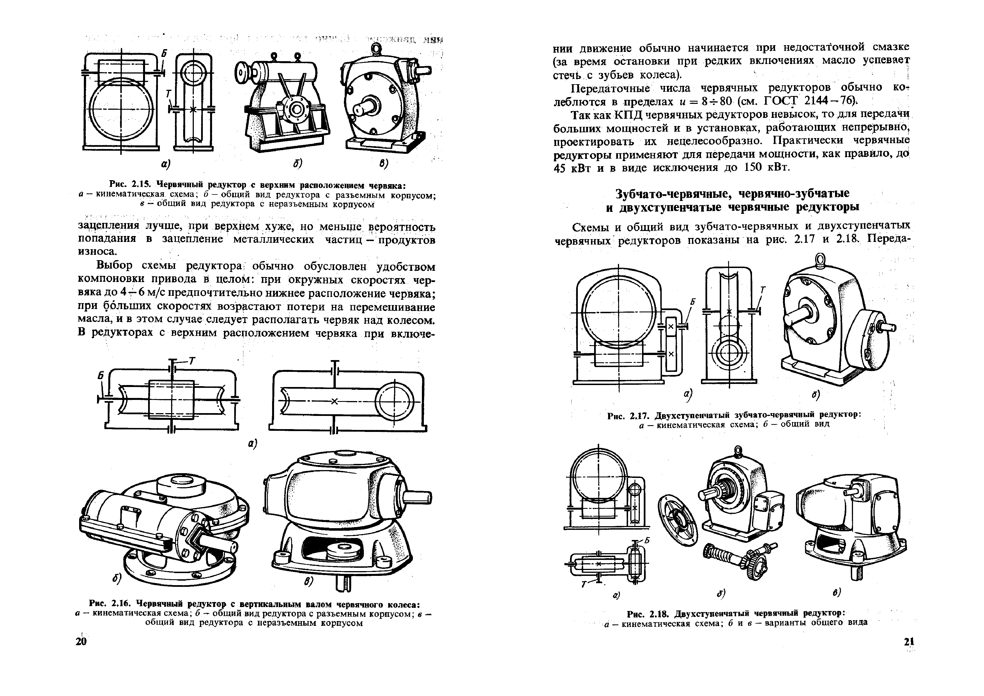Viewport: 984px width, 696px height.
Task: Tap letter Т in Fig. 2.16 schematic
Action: click(192, 361)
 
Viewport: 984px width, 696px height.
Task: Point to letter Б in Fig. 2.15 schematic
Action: click(164, 53)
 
